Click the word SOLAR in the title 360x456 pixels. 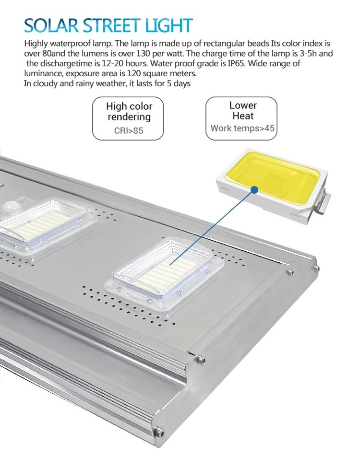[51, 25]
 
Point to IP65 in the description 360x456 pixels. [237, 63]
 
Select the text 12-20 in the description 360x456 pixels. [114, 63]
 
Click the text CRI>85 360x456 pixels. [128, 130]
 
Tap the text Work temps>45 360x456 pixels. [242, 128]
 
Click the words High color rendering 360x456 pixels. [129, 111]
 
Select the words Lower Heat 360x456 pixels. [243, 110]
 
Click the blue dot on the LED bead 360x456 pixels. [254, 190]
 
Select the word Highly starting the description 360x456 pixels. [36, 44]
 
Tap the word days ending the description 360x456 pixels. [182, 84]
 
